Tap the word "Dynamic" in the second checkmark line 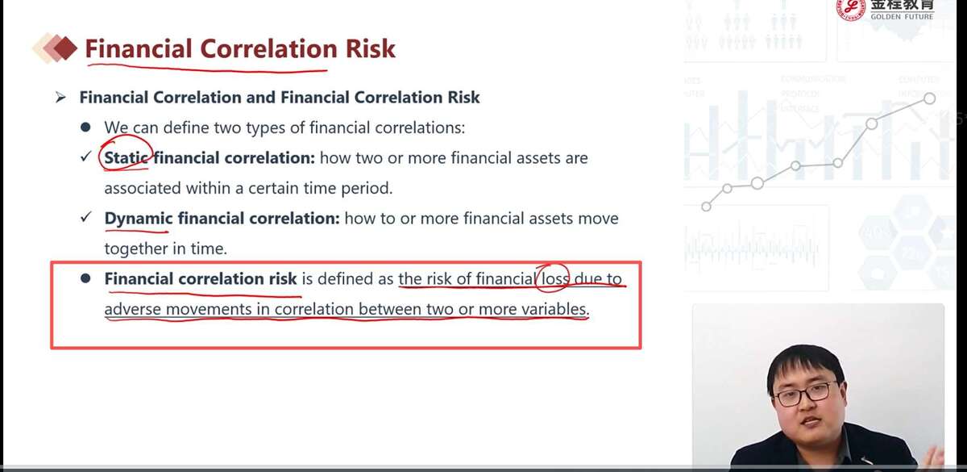point(139,219)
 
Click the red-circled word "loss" point(555,279)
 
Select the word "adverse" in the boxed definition point(132,309)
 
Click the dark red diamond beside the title point(65,48)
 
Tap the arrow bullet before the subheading point(60,98)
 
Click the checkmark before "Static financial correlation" point(86,156)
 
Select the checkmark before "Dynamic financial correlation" point(86,216)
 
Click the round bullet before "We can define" point(85,127)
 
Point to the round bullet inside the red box point(85,278)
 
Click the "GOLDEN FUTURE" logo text point(902,16)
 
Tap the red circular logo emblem point(851,9)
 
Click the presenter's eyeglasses point(801,395)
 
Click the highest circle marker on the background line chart point(929,98)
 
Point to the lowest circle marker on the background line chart point(706,207)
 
